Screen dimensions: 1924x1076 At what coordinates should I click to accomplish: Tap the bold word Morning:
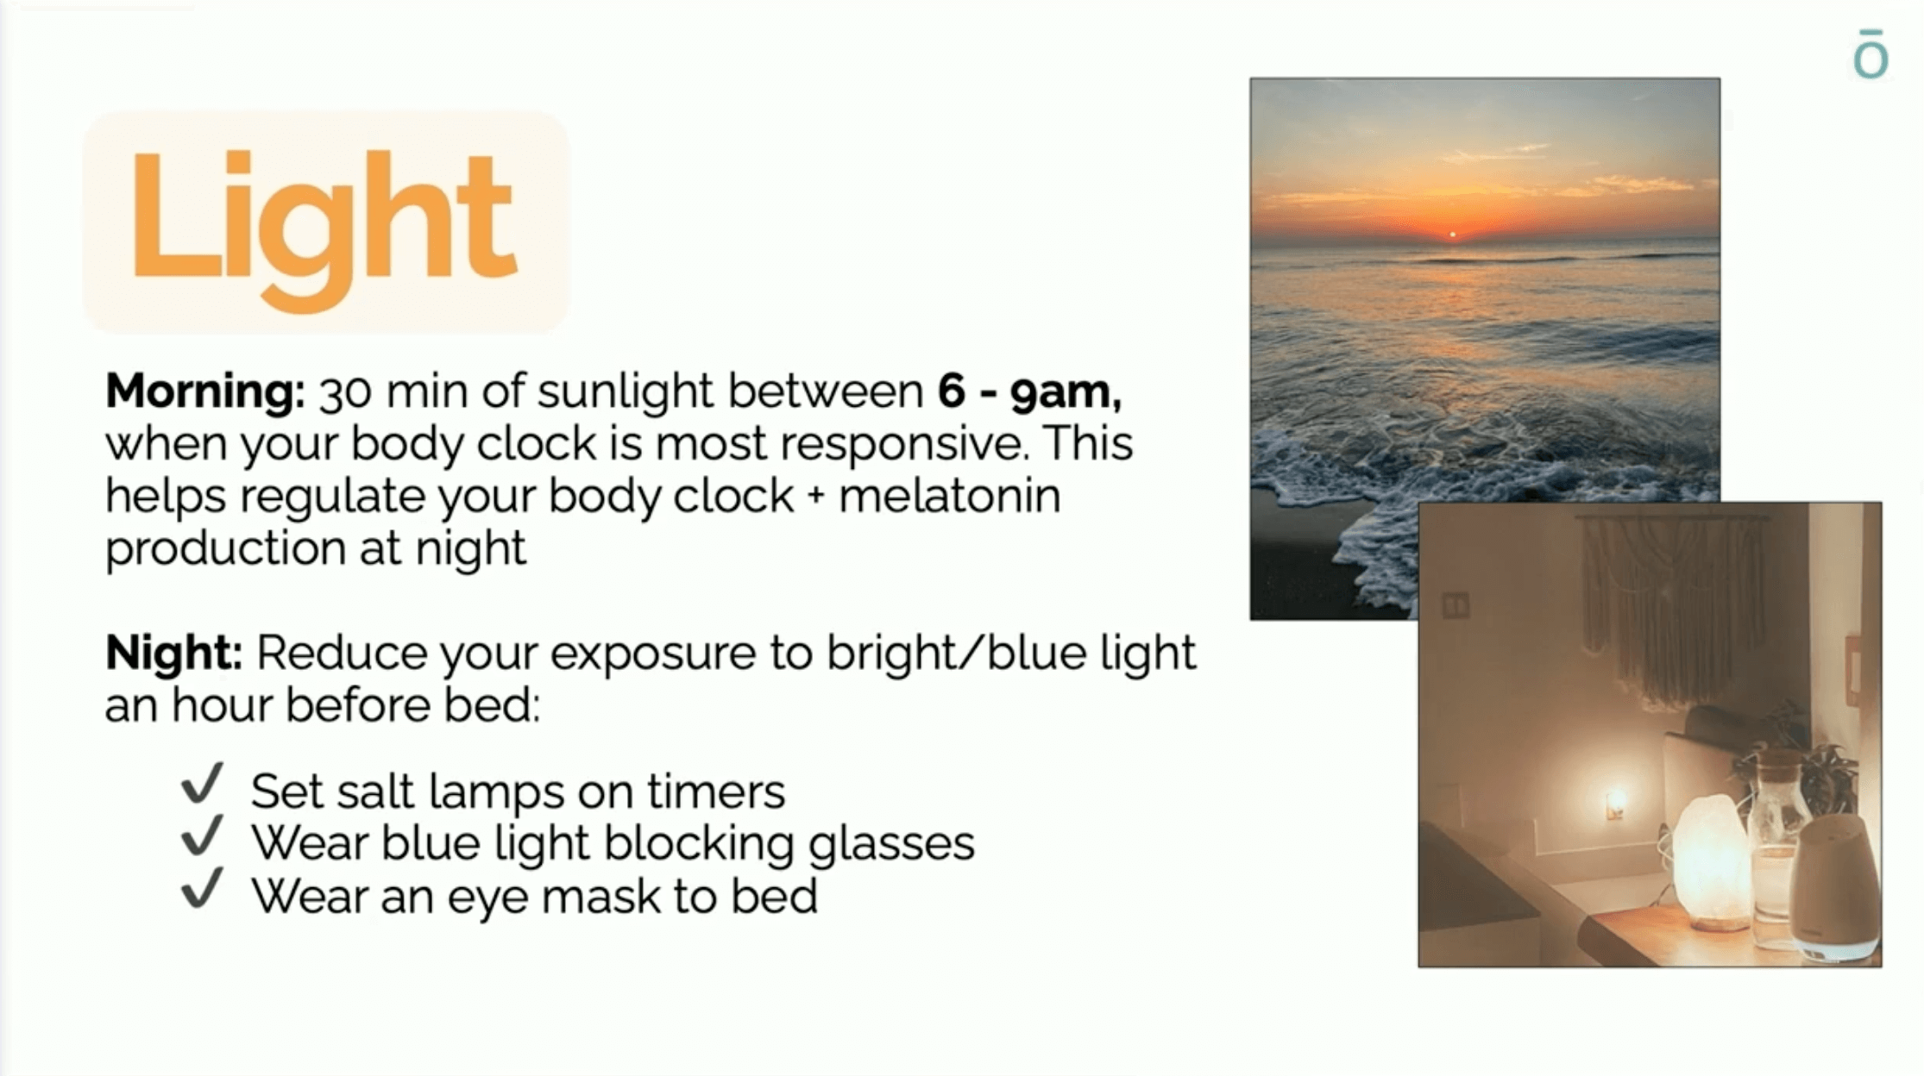click(205, 391)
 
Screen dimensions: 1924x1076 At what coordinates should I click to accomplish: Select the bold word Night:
click(174, 652)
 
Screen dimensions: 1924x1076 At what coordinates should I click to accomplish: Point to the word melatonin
click(950, 496)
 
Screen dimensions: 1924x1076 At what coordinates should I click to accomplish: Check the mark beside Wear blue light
click(203, 835)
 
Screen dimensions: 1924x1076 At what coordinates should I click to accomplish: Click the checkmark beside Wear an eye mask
click(203, 888)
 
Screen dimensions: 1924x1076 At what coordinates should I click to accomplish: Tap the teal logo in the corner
click(1871, 54)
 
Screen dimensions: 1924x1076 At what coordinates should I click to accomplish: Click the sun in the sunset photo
click(1453, 235)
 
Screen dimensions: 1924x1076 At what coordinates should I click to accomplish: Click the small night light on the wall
click(1614, 804)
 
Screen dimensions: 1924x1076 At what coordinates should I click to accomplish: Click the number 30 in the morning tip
click(345, 392)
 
